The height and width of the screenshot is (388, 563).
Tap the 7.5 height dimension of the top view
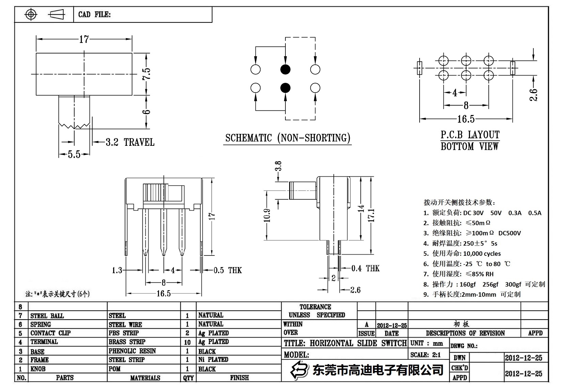(146, 74)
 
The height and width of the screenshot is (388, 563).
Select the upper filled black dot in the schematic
(285, 69)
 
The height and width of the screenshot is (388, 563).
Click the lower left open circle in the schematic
(255, 88)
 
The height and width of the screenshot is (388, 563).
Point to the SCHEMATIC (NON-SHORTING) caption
(288, 138)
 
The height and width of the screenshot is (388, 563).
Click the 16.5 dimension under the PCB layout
(466, 119)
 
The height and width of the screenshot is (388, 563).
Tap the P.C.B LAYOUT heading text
(470, 135)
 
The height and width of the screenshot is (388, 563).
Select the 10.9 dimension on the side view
(267, 215)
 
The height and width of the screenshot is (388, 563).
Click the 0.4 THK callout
(365, 268)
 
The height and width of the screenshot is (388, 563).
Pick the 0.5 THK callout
(228, 270)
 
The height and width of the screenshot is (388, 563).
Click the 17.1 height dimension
(371, 215)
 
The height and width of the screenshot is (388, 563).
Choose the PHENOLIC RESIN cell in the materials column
(132, 351)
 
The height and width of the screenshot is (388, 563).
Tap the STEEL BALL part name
(47, 316)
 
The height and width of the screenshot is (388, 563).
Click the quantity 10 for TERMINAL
(187, 342)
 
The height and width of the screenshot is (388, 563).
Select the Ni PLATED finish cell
(213, 359)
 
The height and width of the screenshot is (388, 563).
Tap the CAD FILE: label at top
(94, 14)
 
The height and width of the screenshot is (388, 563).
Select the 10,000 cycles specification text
(482, 253)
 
